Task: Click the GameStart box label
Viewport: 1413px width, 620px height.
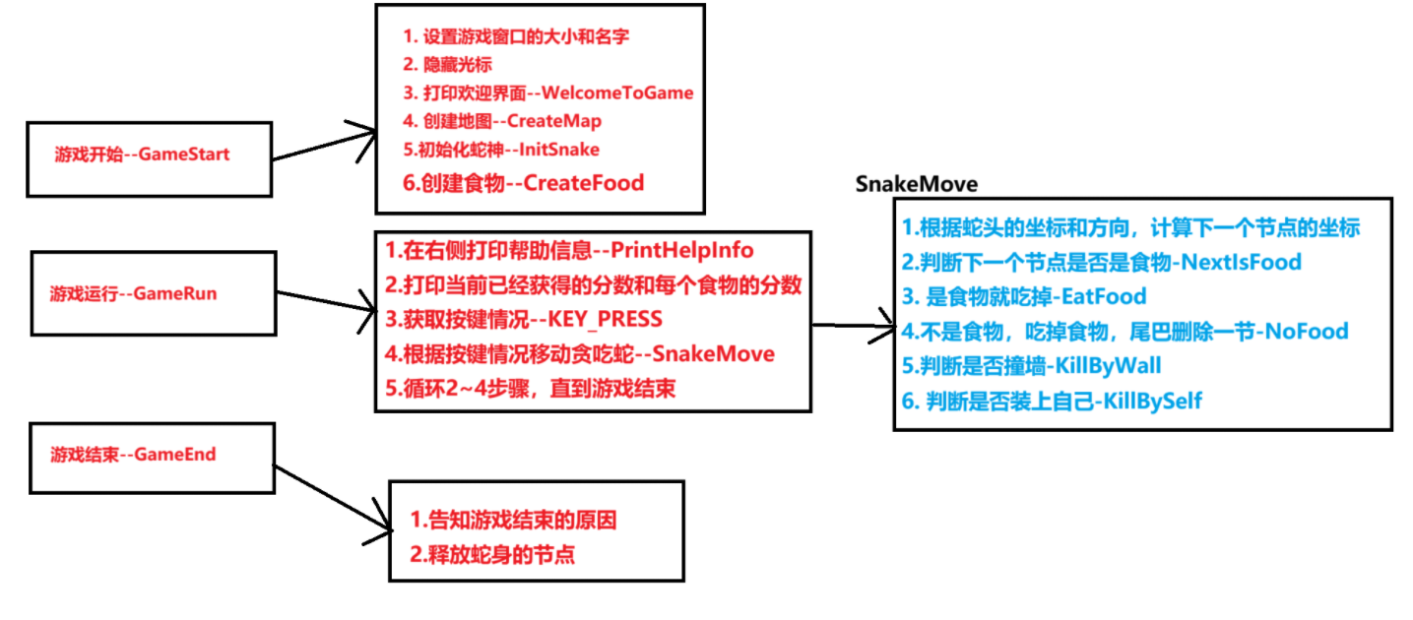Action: pyautogui.click(x=148, y=155)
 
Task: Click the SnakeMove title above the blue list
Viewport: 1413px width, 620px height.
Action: pyautogui.click(x=916, y=184)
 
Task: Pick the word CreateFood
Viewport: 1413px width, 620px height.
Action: pyautogui.click(x=582, y=182)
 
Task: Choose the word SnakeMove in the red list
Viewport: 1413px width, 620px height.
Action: pyautogui.click(x=713, y=353)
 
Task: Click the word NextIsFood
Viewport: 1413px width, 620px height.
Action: pyautogui.click(x=1241, y=262)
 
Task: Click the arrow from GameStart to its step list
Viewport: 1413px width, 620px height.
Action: pyautogui.click(x=325, y=144)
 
